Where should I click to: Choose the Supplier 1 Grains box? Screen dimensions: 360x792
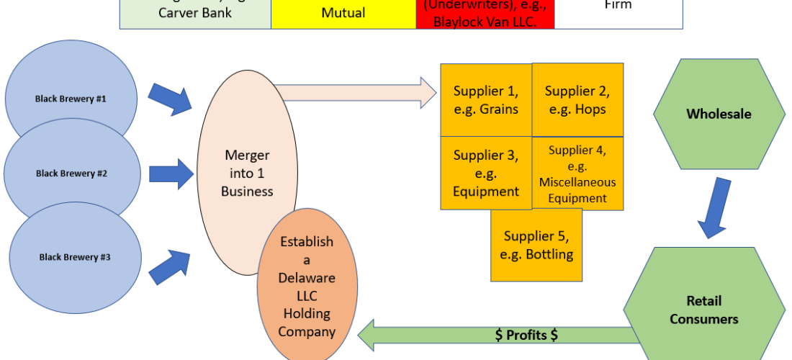point(486,100)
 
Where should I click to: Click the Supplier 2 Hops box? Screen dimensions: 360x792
point(577,100)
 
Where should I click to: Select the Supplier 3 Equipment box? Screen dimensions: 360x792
point(486,173)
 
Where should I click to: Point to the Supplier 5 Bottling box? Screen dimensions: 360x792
point(536,245)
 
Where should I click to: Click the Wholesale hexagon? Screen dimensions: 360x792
point(719,114)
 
